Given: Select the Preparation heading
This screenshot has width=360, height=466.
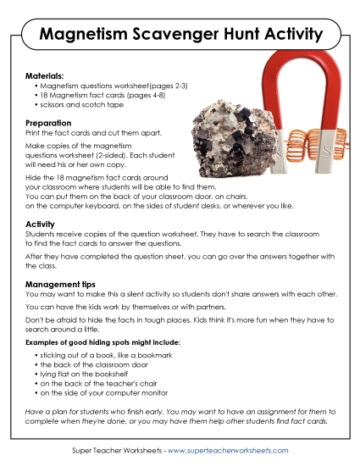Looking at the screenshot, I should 50,123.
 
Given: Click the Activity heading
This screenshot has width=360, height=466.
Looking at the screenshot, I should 42,223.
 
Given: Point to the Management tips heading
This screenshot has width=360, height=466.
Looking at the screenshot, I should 62,285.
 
